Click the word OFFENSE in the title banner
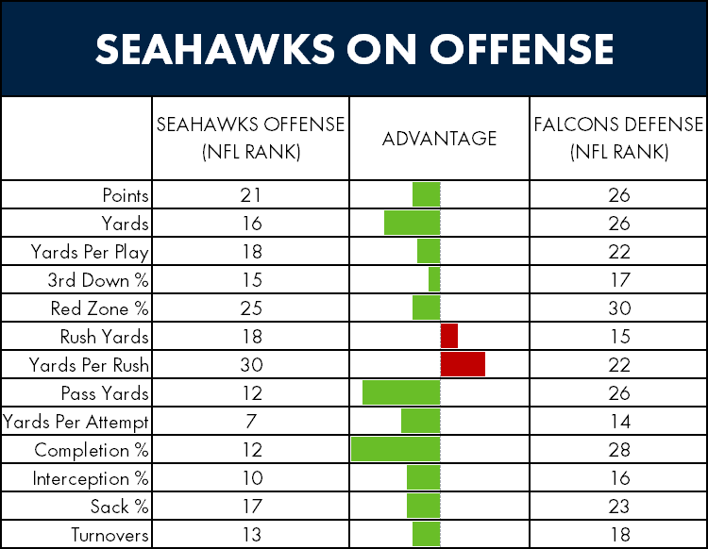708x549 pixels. pos(521,49)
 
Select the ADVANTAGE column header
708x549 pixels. pos(439,139)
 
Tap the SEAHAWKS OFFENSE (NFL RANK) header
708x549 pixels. pos(250,138)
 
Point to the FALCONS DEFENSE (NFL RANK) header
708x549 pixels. pos(619,138)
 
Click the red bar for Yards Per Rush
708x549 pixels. pos(463,364)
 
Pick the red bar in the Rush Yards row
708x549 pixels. pos(449,336)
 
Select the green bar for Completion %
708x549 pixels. pos(396,449)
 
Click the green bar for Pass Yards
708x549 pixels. pos(401,392)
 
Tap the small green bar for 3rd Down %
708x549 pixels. pos(434,279)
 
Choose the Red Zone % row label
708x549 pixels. pos(99,308)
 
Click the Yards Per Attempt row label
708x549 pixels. pos(76,423)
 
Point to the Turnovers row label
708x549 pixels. pos(110,535)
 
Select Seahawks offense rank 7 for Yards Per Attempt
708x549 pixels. pos(251,422)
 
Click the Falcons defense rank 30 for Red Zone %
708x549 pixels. pos(619,308)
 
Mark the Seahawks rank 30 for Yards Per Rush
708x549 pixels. pos(251,364)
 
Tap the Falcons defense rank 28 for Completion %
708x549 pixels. pos(619,450)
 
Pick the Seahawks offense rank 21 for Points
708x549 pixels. pos(250,195)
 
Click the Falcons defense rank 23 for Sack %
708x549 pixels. pos(619,507)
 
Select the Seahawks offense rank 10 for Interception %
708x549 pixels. pos(252,477)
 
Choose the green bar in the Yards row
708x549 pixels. pos(413,223)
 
